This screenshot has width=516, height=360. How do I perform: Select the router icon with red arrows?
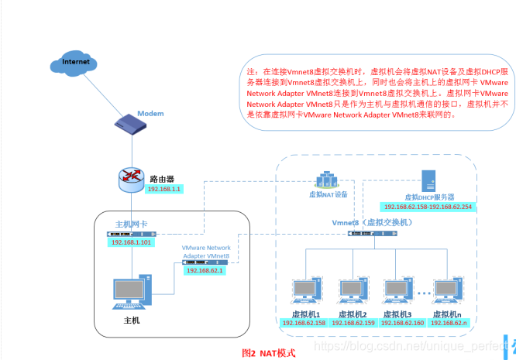pyautogui.click(x=131, y=180)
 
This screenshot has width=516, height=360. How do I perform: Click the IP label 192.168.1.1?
pyautogui.click(x=163, y=189)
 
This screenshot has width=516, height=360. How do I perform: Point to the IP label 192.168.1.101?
pyautogui.click(x=130, y=242)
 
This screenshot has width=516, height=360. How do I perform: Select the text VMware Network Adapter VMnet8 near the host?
pyautogui.click(x=206, y=252)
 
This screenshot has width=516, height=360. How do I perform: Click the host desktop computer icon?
pyautogui.click(x=129, y=293)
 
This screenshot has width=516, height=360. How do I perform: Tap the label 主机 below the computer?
pyautogui.click(x=132, y=320)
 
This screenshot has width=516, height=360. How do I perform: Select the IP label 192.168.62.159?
pyautogui.click(x=354, y=323)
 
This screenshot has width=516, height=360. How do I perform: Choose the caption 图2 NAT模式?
pyautogui.click(x=270, y=351)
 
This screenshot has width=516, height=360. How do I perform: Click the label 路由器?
pyautogui.click(x=160, y=179)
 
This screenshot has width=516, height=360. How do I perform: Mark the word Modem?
pyautogui.click(x=151, y=114)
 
